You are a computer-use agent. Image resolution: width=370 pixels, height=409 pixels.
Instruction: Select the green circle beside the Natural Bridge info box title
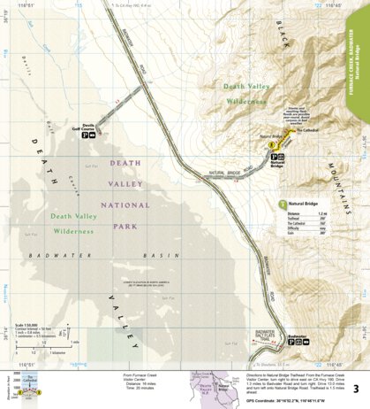282,204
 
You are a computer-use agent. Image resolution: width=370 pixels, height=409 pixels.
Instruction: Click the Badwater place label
301,336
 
